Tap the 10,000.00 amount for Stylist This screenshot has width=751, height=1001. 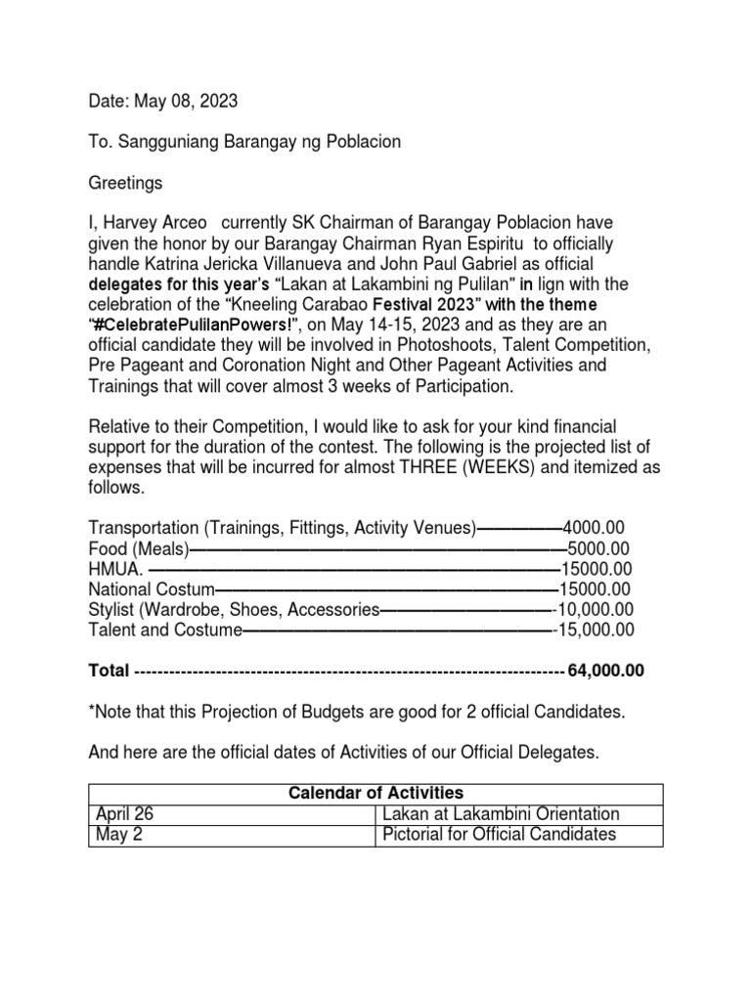click(596, 609)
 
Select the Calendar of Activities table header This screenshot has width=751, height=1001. click(375, 792)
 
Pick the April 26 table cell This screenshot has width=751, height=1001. click(124, 813)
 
